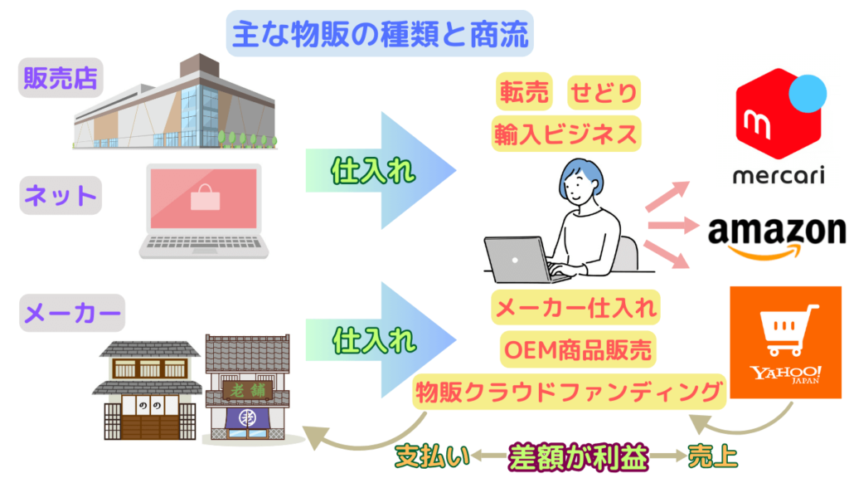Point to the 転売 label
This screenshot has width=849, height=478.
tap(524, 93)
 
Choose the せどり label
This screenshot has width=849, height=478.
tap(604, 93)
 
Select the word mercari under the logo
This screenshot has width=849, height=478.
tap(779, 178)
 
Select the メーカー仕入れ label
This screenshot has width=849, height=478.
tap(575, 309)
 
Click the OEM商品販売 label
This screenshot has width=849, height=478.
tap(576, 349)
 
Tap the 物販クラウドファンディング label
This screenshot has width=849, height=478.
tap(569, 390)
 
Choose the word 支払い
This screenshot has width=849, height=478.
tap(432, 456)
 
